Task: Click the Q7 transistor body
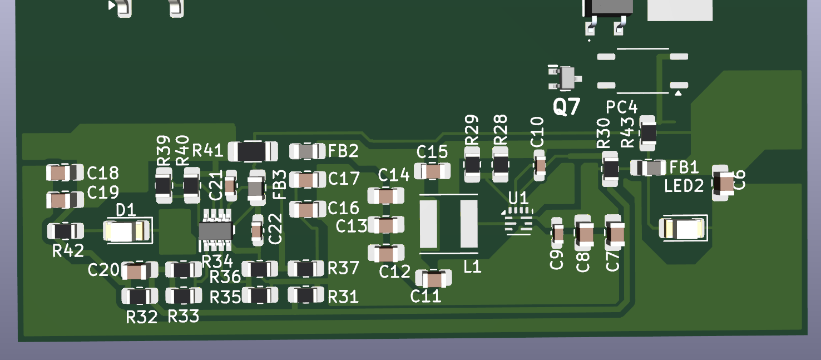(567, 78)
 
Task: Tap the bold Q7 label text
(567, 106)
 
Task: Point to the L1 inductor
(448, 224)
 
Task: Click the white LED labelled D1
(127, 231)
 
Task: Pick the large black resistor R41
(253, 150)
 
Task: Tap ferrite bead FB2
(308, 151)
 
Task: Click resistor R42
(66, 230)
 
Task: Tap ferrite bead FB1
(648, 167)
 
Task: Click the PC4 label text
(622, 108)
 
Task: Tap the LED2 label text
(684, 186)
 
